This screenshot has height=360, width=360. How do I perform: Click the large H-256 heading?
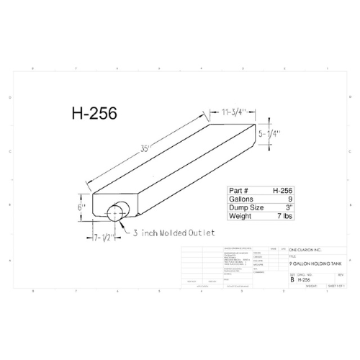click(94, 113)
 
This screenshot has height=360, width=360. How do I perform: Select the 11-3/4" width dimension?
click(229, 111)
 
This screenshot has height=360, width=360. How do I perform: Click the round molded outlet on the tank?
click(115, 213)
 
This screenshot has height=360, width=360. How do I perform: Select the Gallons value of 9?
click(289, 199)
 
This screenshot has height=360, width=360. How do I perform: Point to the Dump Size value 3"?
click(288, 208)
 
